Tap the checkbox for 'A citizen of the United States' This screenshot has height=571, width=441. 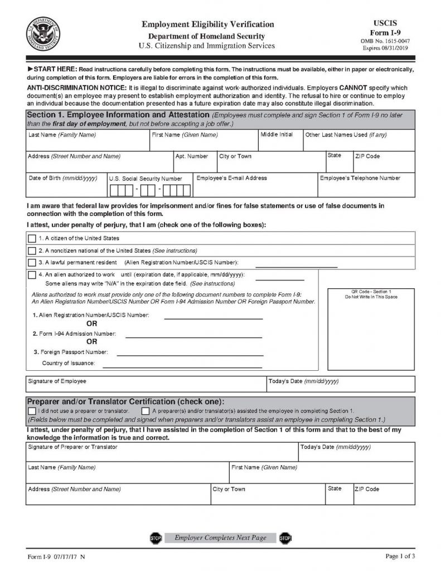coord(32,239)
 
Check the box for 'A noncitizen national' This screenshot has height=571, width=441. coord(32,250)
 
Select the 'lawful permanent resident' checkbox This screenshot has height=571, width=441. coord(32,263)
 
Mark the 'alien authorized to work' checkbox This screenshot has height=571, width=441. coord(32,275)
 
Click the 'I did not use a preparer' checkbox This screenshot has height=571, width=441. coord(31,411)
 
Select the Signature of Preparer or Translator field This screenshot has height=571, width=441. coord(162,452)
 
